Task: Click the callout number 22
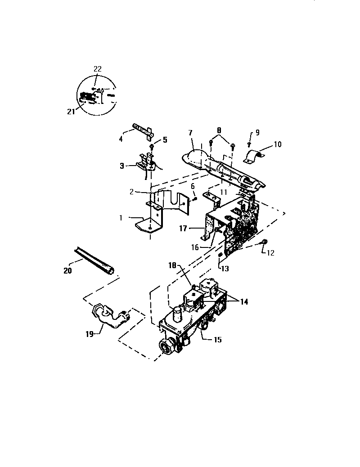tap(98, 69)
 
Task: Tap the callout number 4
tap(121, 139)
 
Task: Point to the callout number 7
tap(190, 133)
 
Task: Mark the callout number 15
tap(217, 340)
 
